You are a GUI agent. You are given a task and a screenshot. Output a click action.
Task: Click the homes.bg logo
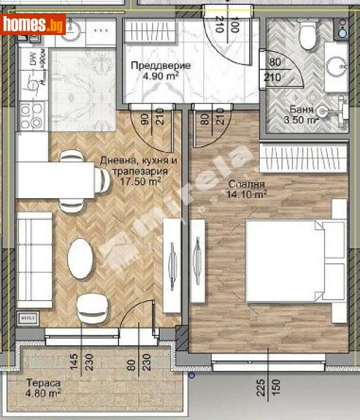(x=34, y=26)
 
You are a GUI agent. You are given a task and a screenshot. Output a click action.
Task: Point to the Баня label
(x=301, y=109)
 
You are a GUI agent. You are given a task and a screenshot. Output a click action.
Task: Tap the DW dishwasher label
(x=32, y=59)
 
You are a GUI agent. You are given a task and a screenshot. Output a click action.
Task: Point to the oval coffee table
(x=80, y=258)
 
